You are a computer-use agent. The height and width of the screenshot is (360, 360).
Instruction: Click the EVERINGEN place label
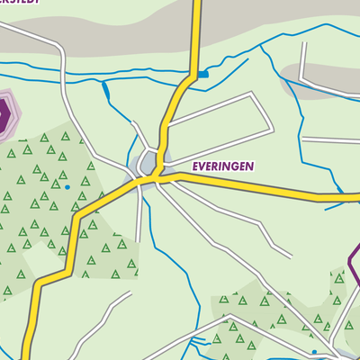[222, 166]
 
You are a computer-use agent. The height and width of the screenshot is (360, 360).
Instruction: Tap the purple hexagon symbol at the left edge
[4, 114]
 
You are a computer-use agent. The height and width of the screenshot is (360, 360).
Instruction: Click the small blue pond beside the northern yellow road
[204, 75]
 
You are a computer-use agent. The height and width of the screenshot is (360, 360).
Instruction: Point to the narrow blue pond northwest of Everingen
[105, 89]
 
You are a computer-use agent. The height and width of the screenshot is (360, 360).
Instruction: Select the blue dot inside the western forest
[67, 186]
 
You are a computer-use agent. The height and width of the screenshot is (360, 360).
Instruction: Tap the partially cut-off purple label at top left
[18, 3]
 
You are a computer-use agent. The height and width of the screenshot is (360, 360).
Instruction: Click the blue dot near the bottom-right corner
[313, 352]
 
